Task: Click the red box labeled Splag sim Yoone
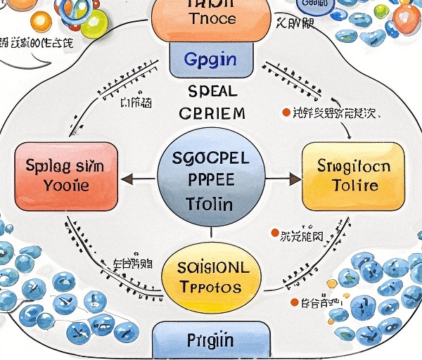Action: [x=67, y=176]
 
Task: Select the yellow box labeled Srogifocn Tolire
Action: [x=353, y=176]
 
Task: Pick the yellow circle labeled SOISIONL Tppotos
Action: [x=211, y=278]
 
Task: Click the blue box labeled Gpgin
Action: [x=210, y=58]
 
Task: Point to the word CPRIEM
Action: [x=212, y=113]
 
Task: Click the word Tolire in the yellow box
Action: [x=353, y=186]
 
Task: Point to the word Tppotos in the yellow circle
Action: [x=210, y=287]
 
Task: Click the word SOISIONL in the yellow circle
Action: [x=210, y=268]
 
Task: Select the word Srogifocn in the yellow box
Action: [x=353, y=167]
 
